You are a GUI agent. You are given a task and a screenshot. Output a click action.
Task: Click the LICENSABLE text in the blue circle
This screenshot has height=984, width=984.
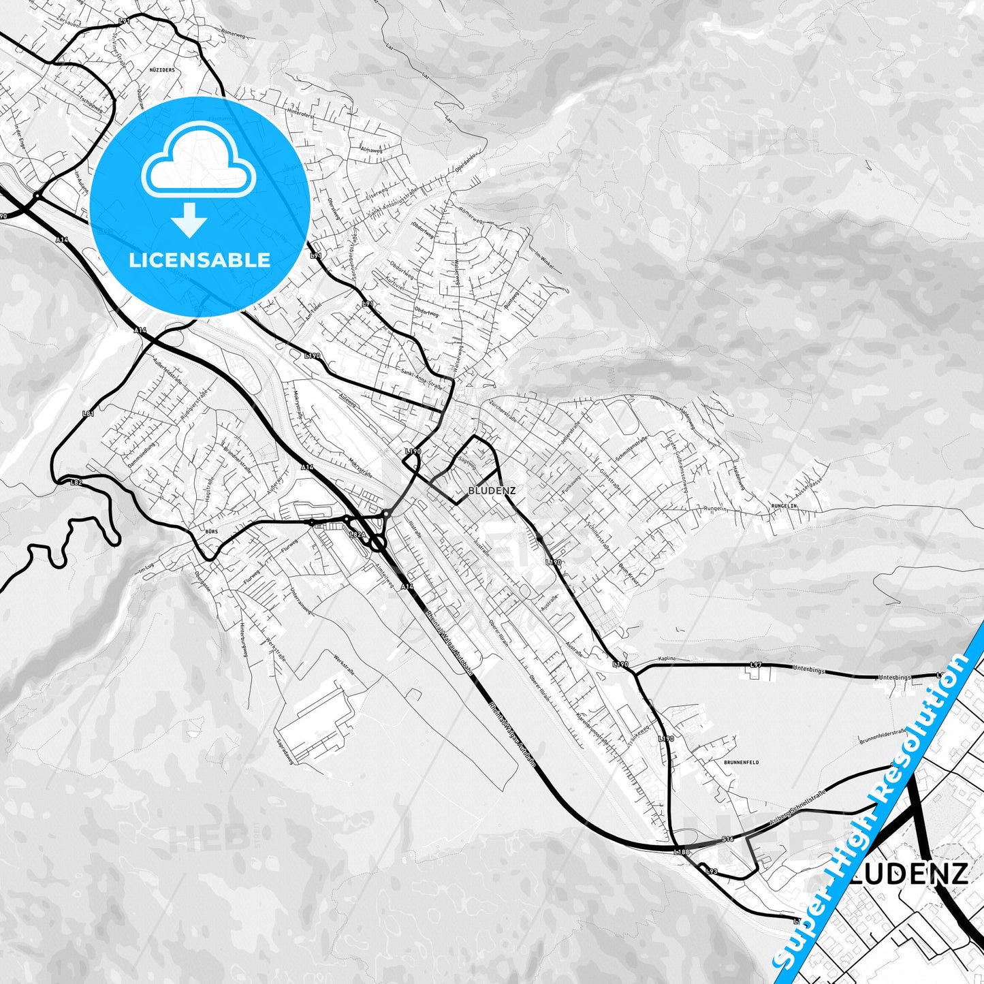coord(200,260)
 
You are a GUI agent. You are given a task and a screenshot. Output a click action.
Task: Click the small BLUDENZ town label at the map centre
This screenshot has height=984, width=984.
coord(492,490)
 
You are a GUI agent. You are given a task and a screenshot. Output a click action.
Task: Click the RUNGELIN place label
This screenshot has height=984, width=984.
coord(784,506)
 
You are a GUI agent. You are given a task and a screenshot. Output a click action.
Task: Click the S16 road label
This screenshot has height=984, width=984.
coord(728,839)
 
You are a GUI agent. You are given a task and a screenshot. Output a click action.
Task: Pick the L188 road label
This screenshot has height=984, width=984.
coord(682,852)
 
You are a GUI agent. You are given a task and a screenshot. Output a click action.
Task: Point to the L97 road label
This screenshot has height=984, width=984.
coord(755,665)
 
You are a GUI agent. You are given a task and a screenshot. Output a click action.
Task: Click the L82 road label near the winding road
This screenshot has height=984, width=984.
coord(76,482)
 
